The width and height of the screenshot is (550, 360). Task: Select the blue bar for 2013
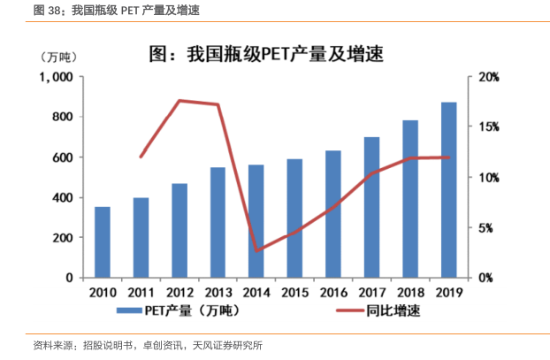click(218, 222)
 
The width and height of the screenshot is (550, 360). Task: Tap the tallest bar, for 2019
click(448, 189)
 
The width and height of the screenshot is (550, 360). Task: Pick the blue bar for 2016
click(332, 213)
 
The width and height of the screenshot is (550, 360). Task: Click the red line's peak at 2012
click(180, 101)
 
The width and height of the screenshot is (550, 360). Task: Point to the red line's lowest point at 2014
click(256, 250)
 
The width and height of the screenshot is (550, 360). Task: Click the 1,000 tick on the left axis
click(56, 77)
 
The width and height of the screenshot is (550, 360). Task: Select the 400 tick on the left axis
click(61, 197)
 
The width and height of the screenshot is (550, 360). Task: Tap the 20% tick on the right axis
click(489, 77)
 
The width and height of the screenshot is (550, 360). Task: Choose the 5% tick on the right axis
click(489, 227)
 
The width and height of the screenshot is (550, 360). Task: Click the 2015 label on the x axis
click(294, 292)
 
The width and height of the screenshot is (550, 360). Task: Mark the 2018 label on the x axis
click(410, 292)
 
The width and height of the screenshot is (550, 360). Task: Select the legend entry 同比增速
click(386, 311)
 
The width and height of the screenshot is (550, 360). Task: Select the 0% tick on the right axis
click(489, 278)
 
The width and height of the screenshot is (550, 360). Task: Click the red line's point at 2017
click(372, 174)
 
